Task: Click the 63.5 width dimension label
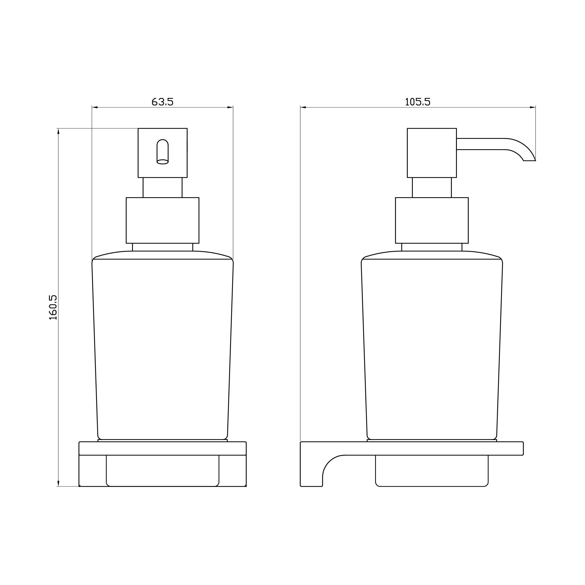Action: (x=163, y=102)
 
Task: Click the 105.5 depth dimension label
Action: (x=418, y=102)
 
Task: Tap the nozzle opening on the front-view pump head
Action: (x=163, y=152)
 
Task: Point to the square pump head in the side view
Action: (x=432, y=153)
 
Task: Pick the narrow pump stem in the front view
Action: (x=163, y=187)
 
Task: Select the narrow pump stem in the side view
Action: (x=432, y=187)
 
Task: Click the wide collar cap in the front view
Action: (x=163, y=220)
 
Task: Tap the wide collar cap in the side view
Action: (x=432, y=220)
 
